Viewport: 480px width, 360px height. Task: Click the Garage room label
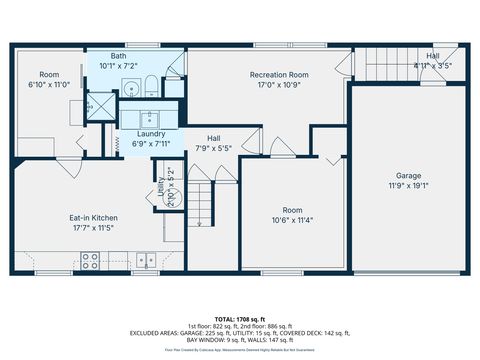(408, 176)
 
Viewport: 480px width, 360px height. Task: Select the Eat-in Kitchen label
(93, 217)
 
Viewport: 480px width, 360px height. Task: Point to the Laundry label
(151, 133)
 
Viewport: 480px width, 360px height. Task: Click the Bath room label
(118, 57)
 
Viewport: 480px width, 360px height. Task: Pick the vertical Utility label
(161, 185)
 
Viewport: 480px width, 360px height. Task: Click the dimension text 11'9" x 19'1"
(408, 186)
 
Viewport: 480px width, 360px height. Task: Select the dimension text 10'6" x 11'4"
(291, 221)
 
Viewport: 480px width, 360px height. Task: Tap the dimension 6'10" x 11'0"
(49, 85)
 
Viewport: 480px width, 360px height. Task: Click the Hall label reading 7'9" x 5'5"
(214, 148)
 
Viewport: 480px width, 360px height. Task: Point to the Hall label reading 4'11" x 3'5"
(432, 66)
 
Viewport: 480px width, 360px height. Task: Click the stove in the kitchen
(88, 261)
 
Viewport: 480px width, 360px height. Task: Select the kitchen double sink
(147, 261)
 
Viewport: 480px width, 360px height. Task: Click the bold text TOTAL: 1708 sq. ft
(239, 318)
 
